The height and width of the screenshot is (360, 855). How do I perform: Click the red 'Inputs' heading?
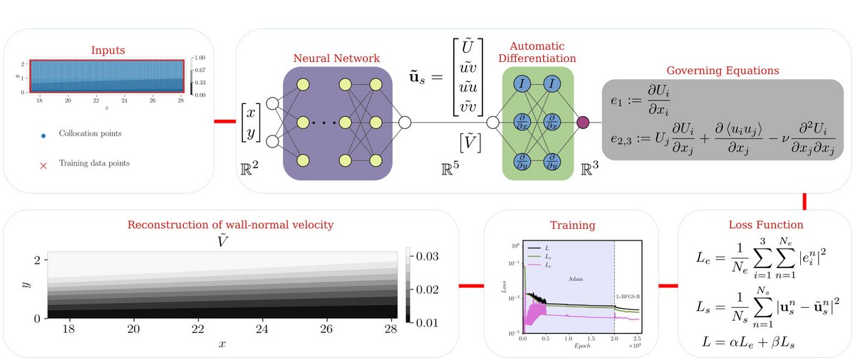point(108,51)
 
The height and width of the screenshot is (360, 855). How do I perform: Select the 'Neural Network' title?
point(337,58)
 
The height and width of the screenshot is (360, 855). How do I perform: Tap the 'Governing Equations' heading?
point(722,71)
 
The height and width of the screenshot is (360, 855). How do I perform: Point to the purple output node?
point(582,122)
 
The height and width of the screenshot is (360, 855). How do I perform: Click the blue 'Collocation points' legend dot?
point(43,133)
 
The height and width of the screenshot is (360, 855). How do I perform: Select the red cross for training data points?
point(43,164)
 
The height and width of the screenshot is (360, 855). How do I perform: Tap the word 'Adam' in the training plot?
point(575,279)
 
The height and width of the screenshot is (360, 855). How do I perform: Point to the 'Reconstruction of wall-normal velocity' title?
point(230,225)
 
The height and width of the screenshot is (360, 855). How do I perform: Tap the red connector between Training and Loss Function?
point(668,287)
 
